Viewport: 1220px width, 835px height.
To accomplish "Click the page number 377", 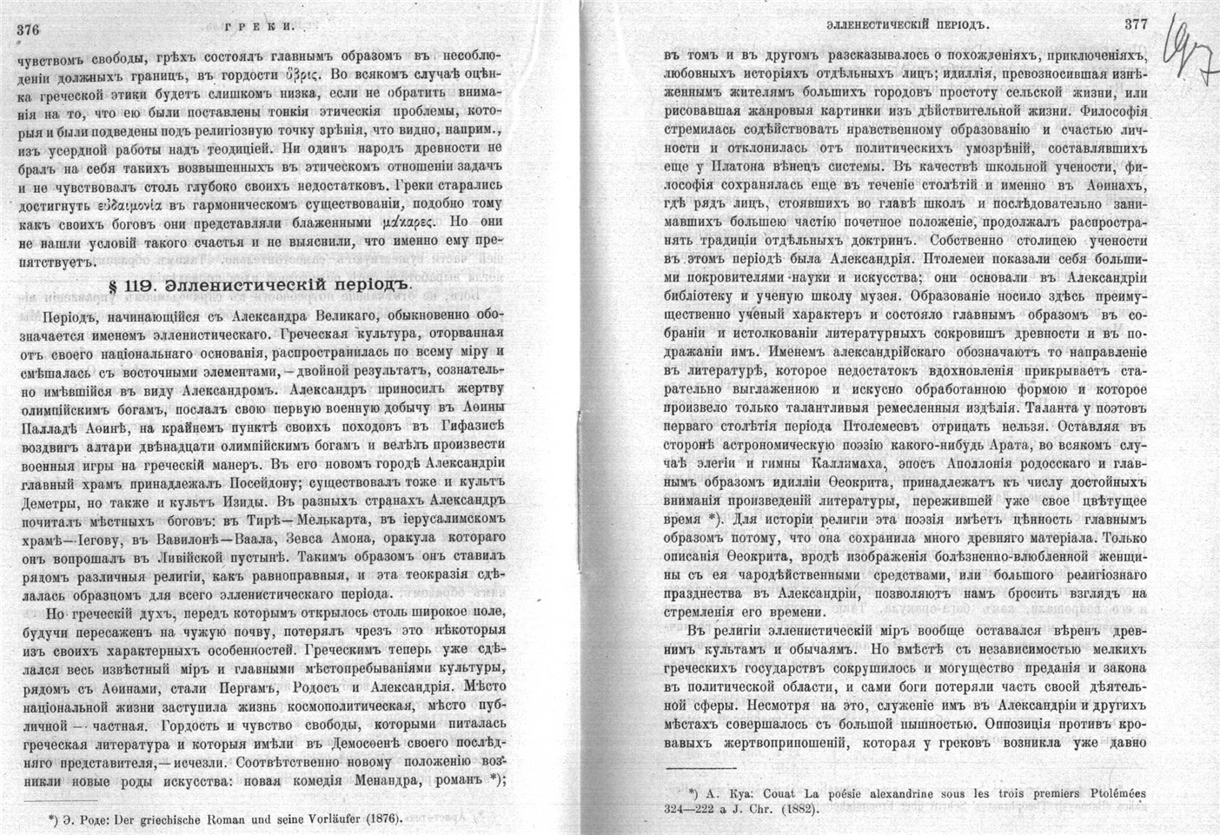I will [x=1136, y=23].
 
